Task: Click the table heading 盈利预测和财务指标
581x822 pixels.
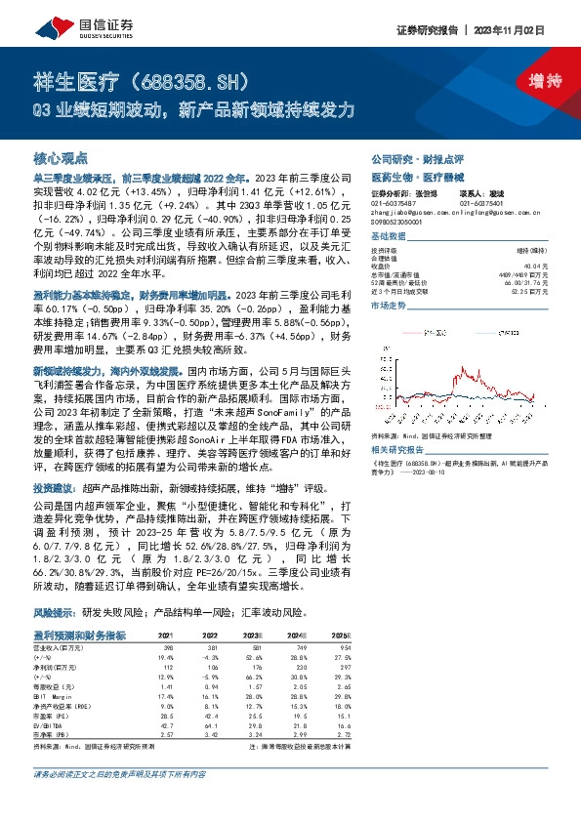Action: pyautogui.click(x=79, y=636)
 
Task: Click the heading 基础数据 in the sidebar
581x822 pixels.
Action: pyautogui.click(x=389, y=237)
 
